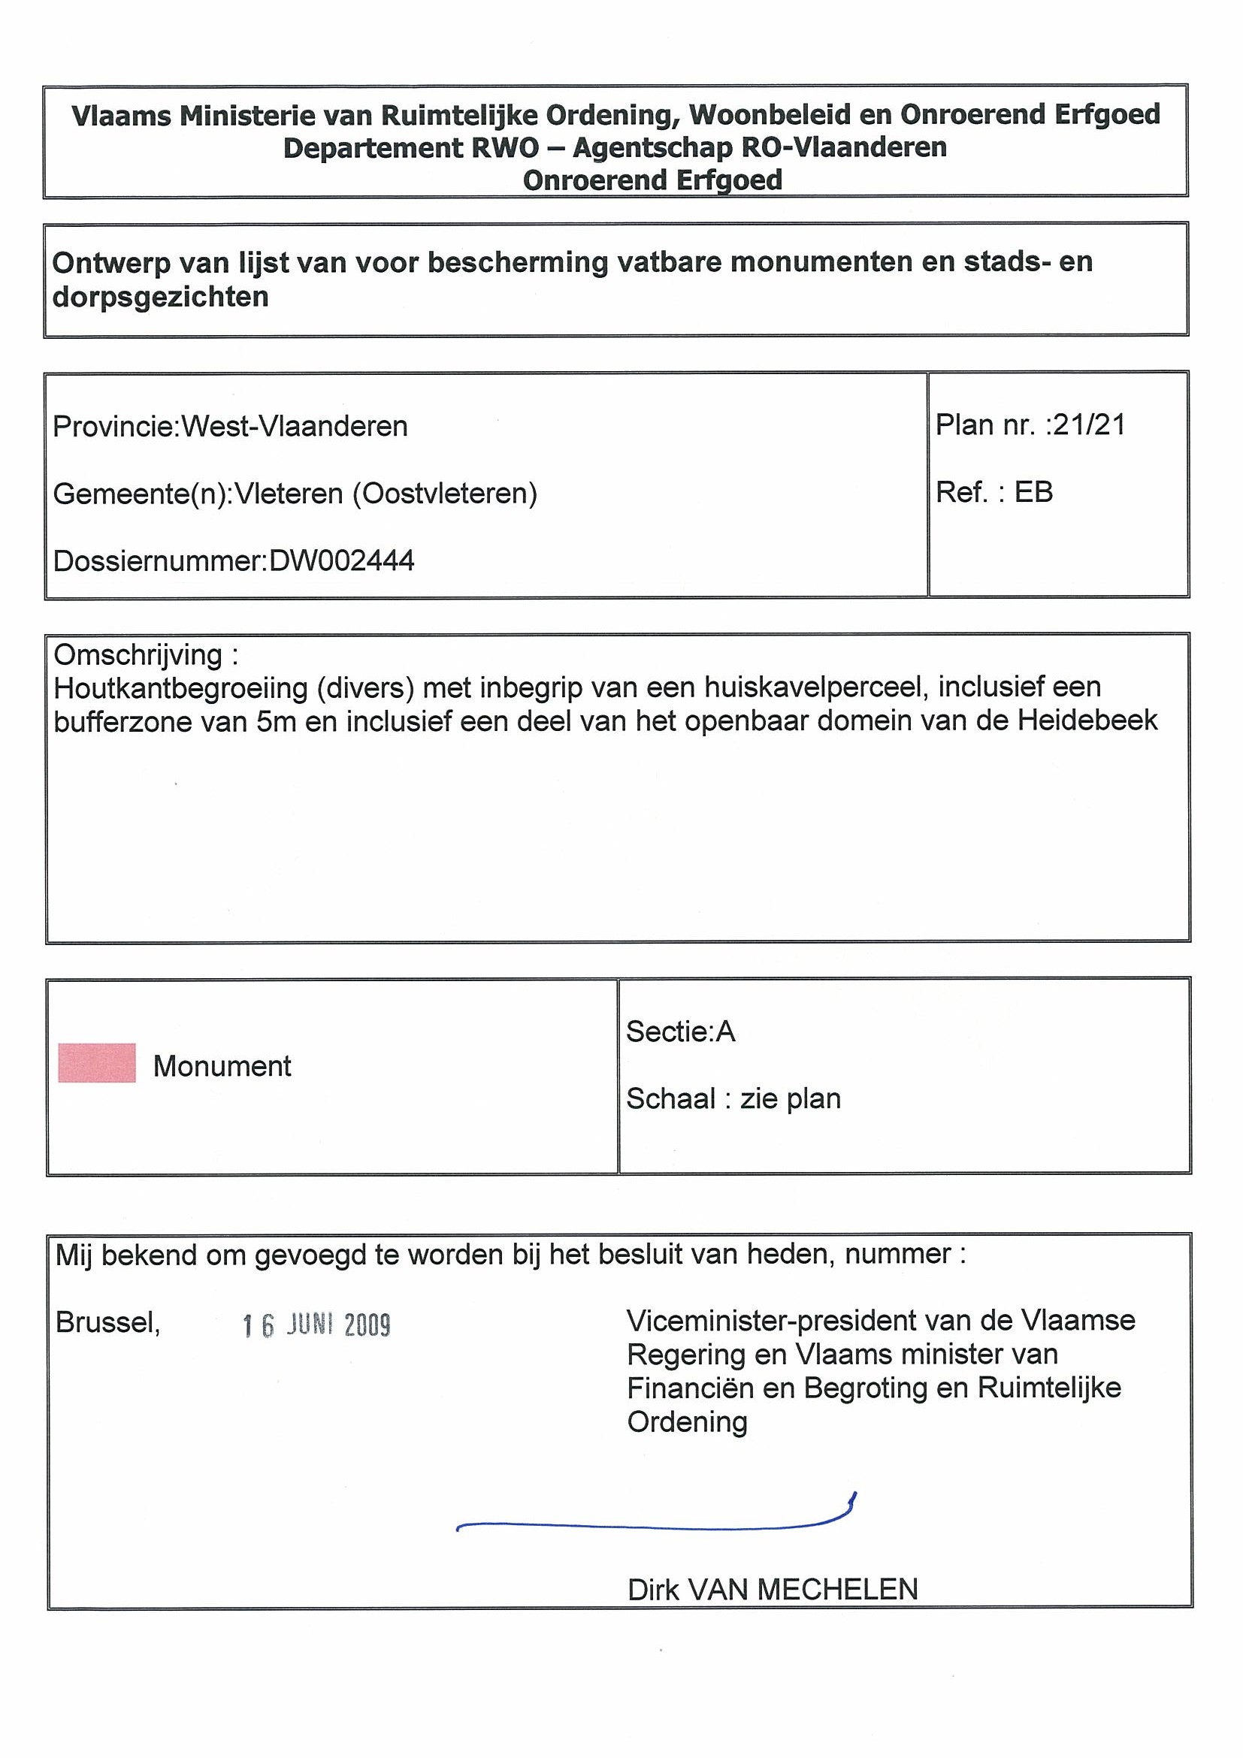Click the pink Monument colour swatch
pyautogui.click(x=96, y=1063)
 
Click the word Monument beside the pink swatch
pyautogui.click(x=222, y=1067)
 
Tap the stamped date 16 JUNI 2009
pyautogui.click(x=316, y=1325)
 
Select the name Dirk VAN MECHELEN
pyautogui.click(x=772, y=1590)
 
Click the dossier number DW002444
pyautogui.click(x=342, y=561)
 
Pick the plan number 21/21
pyautogui.click(x=1089, y=425)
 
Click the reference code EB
pyautogui.click(x=1033, y=492)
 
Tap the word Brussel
pyautogui.click(x=107, y=1323)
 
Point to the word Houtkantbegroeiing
pyautogui.click(x=181, y=688)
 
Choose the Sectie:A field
pyautogui.click(x=680, y=1032)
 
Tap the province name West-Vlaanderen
pyautogui.click(x=294, y=427)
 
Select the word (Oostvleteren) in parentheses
pyautogui.click(x=444, y=494)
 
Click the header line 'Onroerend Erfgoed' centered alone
pyautogui.click(x=652, y=181)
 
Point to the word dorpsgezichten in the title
pyautogui.click(x=160, y=297)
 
